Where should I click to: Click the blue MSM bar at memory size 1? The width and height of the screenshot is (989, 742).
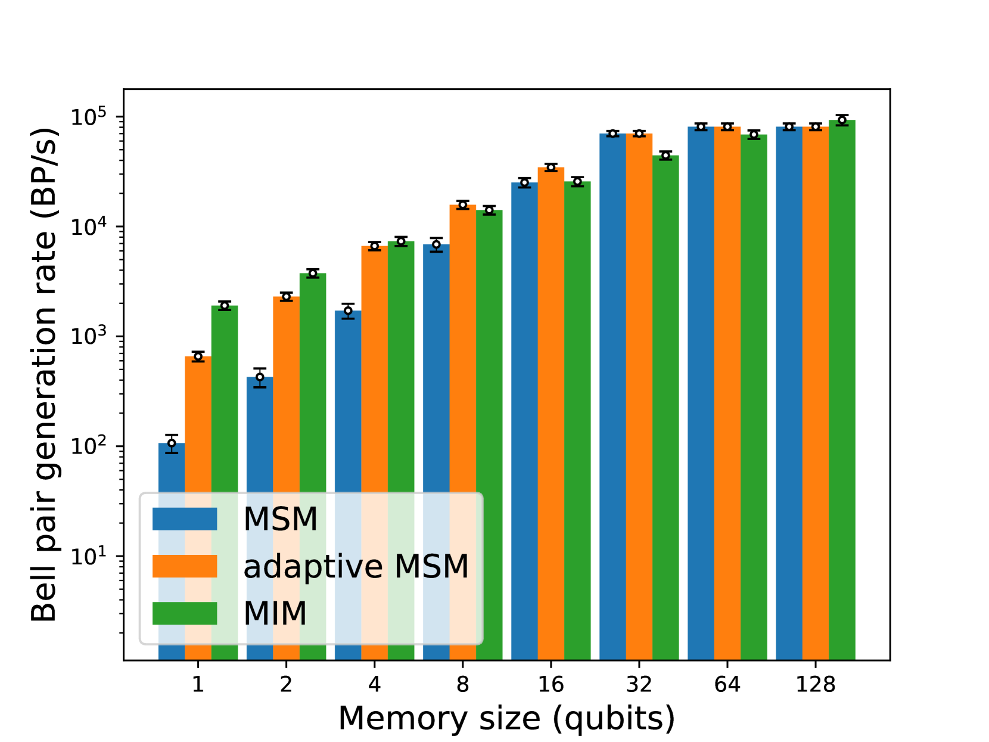click(x=172, y=471)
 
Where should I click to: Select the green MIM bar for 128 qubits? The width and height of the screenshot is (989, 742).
click(x=842, y=387)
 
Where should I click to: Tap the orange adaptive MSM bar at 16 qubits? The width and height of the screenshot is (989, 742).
click(x=551, y=411)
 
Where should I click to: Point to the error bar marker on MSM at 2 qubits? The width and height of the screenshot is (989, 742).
click(x=260, y=377)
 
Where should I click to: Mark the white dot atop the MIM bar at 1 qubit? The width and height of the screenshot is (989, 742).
click(x=225, y=306)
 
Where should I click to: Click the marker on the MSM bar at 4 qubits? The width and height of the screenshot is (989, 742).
click(x=348, y=311)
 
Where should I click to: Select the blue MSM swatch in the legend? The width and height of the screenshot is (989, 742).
click(x=185, y=519)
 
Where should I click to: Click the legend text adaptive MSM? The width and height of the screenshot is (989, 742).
click(x=356, y=566)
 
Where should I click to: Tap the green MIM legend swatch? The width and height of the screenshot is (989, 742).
click(x=185, y=613)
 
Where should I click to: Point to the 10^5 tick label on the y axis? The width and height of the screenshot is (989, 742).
click(x=88, y=117)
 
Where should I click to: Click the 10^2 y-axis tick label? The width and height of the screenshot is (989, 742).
click(x=88, y=446)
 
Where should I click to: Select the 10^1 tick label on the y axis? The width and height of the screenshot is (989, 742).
click(x=88, y=556)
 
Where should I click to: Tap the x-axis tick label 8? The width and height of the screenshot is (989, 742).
click(x=463, y=684)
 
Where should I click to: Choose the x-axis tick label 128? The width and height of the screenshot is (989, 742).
click(x=816, y=684)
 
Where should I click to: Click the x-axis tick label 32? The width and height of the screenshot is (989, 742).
click(x=639, y=684)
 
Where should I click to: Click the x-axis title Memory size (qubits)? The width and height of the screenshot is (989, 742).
click(x=506, y=718)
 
